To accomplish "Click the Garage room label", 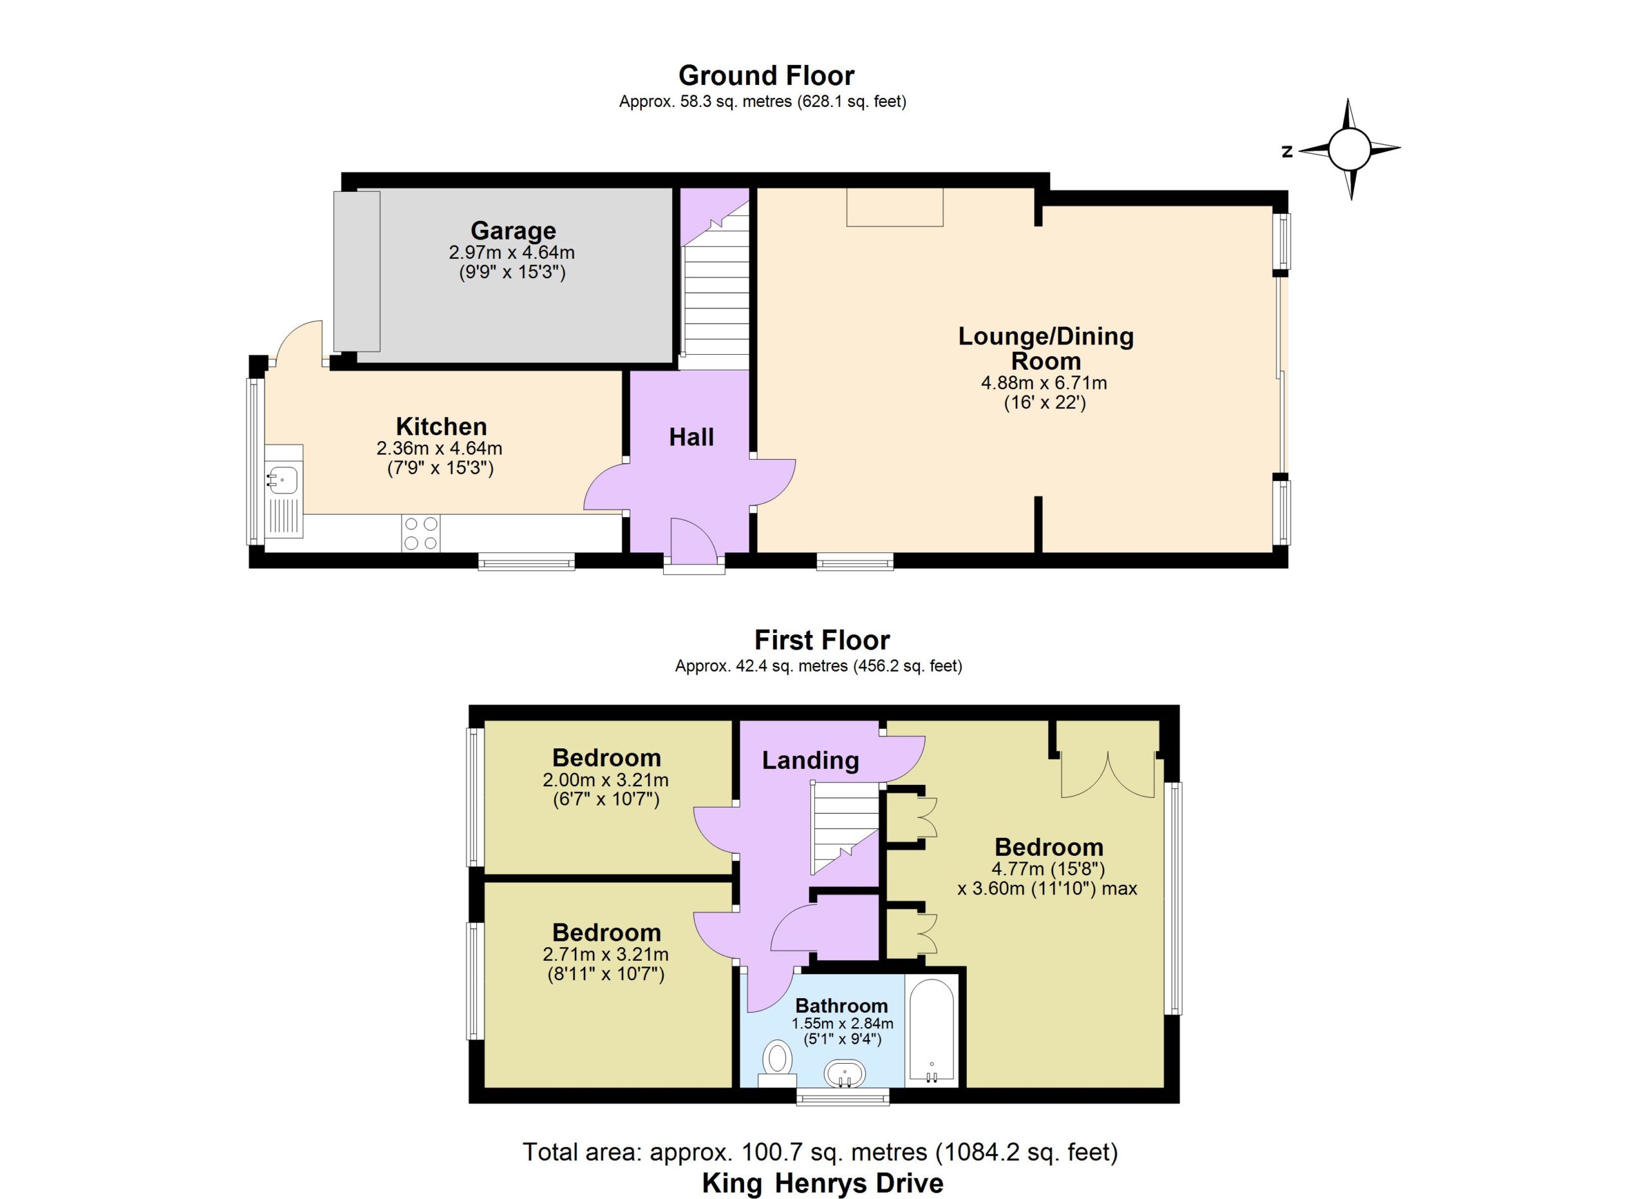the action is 513,231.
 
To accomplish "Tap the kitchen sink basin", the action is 283,479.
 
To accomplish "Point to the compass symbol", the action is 1349,149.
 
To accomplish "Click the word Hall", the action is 691,437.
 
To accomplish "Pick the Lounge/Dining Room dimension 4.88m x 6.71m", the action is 1044,383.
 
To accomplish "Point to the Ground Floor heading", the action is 766,75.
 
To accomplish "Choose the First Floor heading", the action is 822,640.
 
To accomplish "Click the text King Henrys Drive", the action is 823,1183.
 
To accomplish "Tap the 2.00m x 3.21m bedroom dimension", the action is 605,780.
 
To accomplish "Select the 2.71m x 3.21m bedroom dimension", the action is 605,955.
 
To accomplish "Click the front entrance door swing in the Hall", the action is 694,539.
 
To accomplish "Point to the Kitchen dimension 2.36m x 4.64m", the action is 440,448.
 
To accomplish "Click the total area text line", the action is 820,1153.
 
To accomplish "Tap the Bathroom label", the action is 841,1006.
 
